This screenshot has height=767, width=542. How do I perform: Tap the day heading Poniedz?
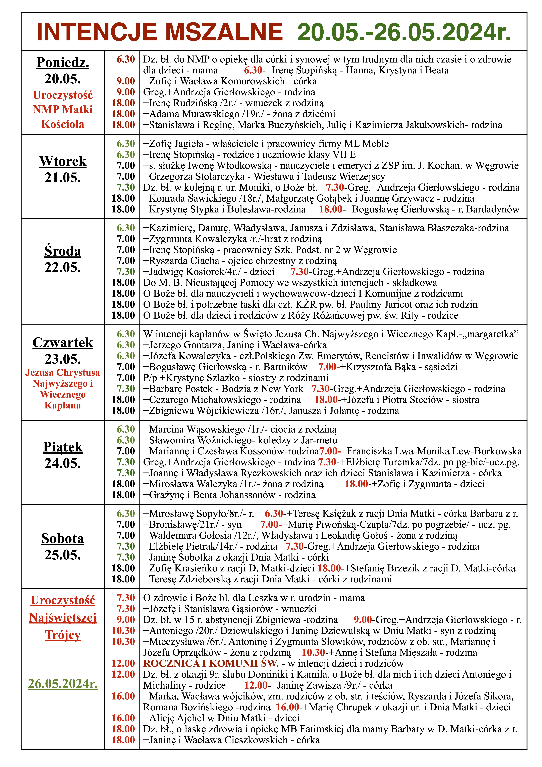pyautogui.click(x=63, y=63)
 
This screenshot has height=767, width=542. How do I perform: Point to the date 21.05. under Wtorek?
pyautogui.click(x=63, y=178)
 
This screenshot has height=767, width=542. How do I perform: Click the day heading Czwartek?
pyautogui.click(x=63, y=342)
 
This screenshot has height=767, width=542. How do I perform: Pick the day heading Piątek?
pyautogui.click(x=63, y=447)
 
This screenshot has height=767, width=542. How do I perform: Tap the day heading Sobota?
pyautogui.click(x=63, y=538)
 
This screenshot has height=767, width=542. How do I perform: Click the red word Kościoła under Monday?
pyautogui.click(x=63, y=124)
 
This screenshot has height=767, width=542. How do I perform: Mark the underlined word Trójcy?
pyautogui.click(x=63, y=635)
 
